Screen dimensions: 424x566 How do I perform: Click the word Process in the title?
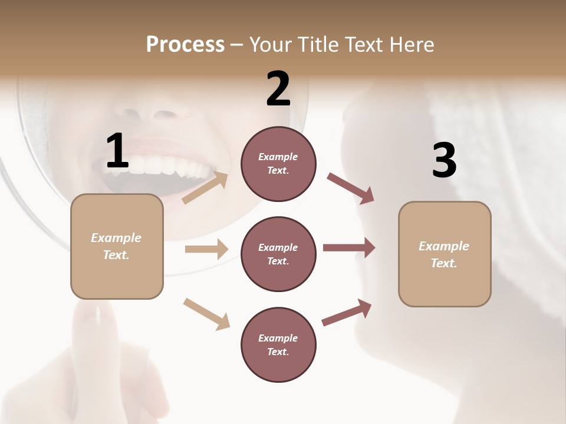185,45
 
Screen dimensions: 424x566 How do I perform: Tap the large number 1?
117,151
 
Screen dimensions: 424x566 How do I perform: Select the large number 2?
278,89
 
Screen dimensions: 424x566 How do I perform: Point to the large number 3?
444,161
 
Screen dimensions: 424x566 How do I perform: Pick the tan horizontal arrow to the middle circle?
206,249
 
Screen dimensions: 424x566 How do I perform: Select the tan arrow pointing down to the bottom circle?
206,313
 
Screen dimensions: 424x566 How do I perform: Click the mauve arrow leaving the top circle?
351,188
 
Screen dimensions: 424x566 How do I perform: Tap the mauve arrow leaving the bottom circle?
347,312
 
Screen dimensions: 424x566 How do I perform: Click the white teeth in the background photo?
159,165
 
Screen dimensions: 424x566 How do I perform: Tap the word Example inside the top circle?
278,157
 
